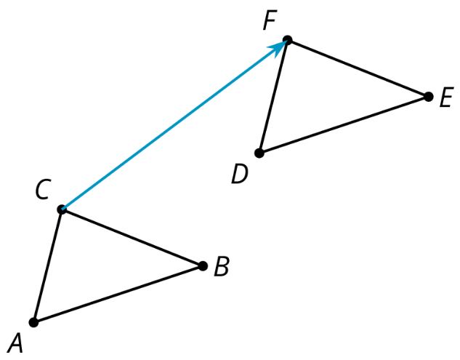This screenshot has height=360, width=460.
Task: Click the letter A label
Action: click(15, 343)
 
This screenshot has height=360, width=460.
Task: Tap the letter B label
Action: click(221, 266)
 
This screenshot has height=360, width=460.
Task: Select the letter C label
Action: click(42, 189)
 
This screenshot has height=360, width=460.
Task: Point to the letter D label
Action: click(240, 174)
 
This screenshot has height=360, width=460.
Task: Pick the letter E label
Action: click(446, 97)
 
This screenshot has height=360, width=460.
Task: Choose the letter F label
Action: click(270, 20)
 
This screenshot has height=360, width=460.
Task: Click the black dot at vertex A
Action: click(33, 322)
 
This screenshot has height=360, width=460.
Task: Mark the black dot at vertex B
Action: click(203, 266)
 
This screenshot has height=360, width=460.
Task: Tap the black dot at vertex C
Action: click(62, 209)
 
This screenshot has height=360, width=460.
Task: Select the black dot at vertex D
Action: click(259, 153)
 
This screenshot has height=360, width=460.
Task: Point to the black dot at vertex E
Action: click(428, 97)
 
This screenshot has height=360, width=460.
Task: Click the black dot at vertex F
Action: click(288, 40)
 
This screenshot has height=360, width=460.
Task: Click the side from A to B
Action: click(118, 295)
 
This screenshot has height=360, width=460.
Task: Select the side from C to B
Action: click(132, 238)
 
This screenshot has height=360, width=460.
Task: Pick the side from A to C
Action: click(47, 265)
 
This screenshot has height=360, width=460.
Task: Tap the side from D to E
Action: click(344, 125)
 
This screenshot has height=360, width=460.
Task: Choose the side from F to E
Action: click(358, 68)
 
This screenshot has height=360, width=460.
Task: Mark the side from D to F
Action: click(273, 96)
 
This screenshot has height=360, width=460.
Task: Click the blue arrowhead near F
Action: click(278, 48)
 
